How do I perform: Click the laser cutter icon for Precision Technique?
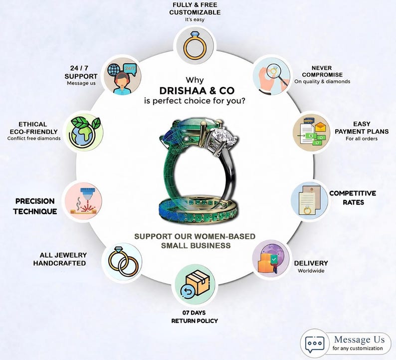pyautogui.click(x=83, y=201)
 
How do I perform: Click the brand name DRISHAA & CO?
pyautogui.click(x=197, y=90)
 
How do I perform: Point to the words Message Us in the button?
pyautogui.click(x=360, y=340)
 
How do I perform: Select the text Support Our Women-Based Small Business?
pyautogui.click(x=195, y=241)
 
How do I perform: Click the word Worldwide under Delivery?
pyautogui.click(x=311, y=271)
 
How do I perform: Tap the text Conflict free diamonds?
pyautogui.click(x=34, y=138)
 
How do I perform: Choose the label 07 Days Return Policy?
pyautogui.click(x=194, y=317)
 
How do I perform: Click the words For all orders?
pyautogui.click(x=362, y=139)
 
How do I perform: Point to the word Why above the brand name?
pyautogui.click(x=195, y=80)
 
